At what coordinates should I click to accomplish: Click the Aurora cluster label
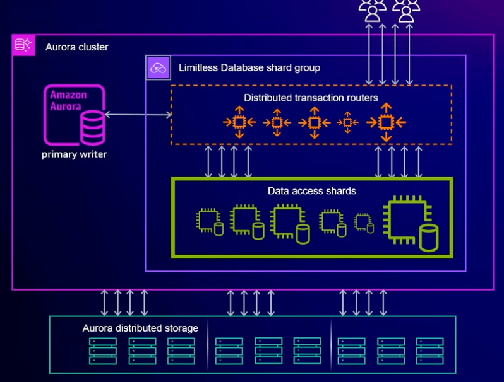click(76, 47)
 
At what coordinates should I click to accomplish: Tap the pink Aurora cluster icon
click(23, 45)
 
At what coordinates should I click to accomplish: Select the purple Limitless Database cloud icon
click(158, 67)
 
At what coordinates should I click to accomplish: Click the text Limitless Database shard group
click(249, 67)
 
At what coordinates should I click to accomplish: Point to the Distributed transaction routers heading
click(311, 98)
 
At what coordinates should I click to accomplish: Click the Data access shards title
click(312, 190)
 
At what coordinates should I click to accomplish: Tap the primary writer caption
click(74, 154)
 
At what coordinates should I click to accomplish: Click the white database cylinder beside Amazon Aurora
click(92, 126)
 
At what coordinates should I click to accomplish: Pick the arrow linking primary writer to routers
click(137, 114)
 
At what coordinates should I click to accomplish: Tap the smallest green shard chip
click(363, 221)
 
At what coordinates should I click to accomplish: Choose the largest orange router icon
click(385, 122)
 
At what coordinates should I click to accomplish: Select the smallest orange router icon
click(347, 122)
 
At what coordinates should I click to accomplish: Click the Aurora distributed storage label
click(140, 328)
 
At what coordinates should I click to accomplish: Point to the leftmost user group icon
click(373, 9)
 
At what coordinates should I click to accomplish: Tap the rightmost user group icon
click(406, 9)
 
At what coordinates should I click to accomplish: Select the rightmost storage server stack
click(429, 350)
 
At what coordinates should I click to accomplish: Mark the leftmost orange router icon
click(239, 122)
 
